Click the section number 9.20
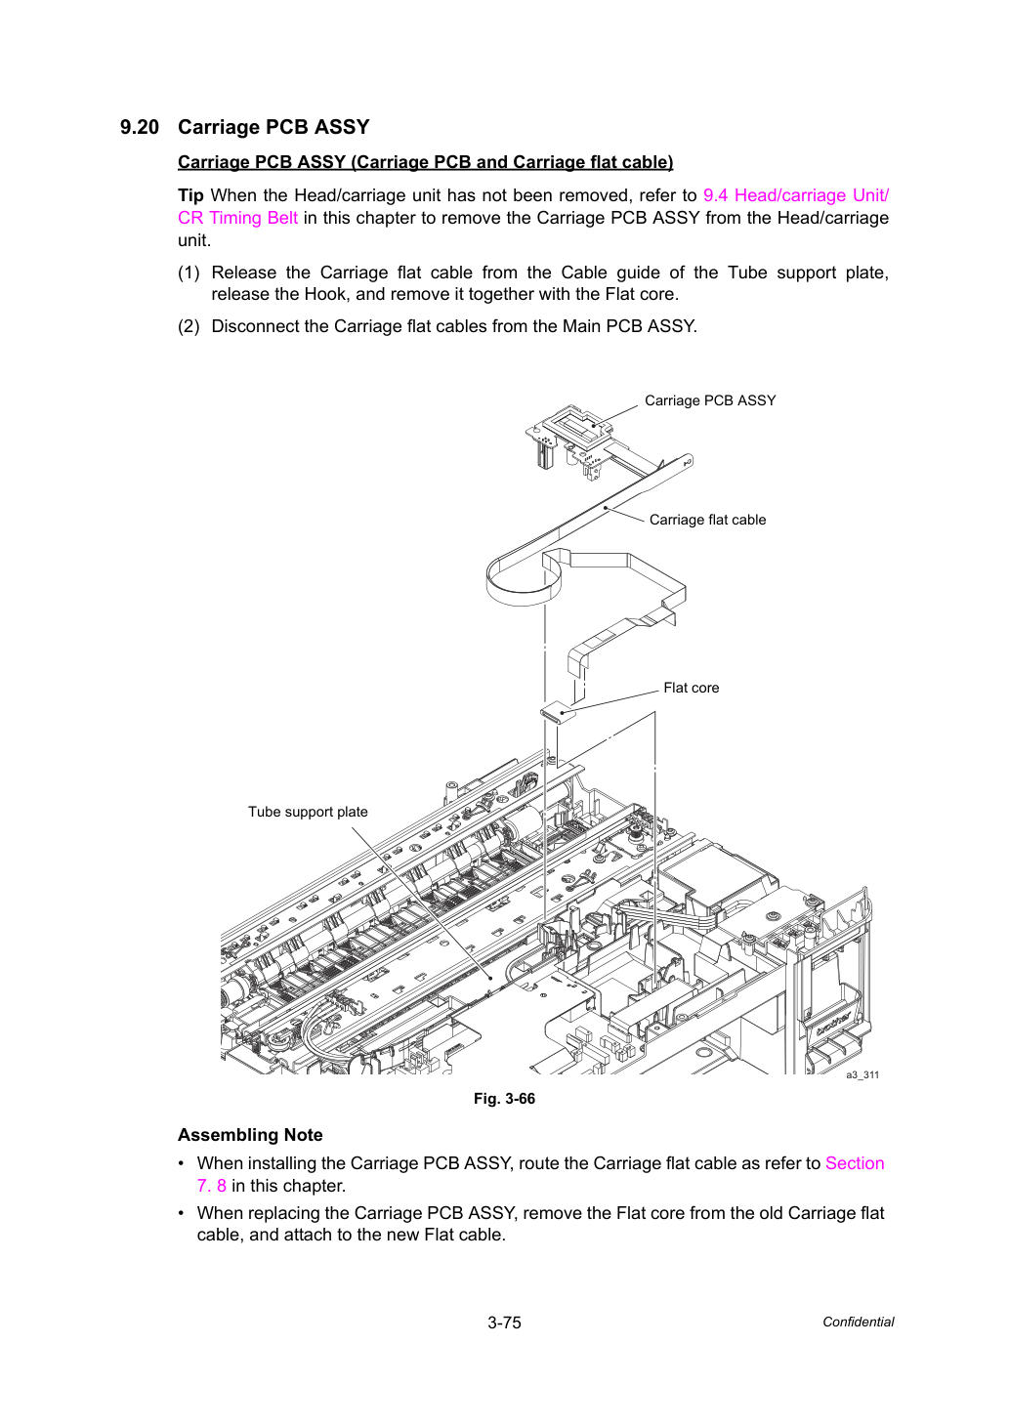[x=140, y=127]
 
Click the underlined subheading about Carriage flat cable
[x=425, y=162]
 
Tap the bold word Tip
[x=190, y=195]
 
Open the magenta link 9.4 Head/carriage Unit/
[x=795, y=195]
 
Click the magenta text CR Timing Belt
[x=237, y=218]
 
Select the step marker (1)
[x=189, y=273]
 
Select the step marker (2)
[x=189, y=326]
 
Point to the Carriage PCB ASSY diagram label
[x=710, y=400]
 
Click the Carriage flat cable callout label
[x=707, y=520]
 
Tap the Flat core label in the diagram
[x=691, y=688]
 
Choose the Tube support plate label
[x=308, y=812]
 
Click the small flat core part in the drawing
[x=558, y=713]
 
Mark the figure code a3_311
[x=862, y=1074]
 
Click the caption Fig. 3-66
[x=504, y=1099]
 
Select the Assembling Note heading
[x=250, y=1135]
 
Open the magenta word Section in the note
[x=855, y=1163]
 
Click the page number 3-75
[x=504, y=1323]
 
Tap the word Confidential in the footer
[x=858, y=1323]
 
